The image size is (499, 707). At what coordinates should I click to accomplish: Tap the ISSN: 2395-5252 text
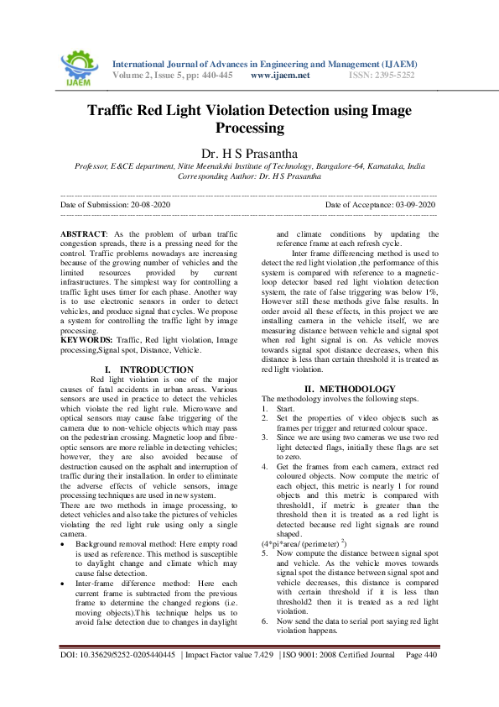pyautogui.click(x=382, y=75)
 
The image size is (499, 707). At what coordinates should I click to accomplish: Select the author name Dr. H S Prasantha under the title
pyautogui.click(x=249, y=153)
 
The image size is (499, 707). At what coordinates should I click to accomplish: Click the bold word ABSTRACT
pyautogui.click(x=84, y=233)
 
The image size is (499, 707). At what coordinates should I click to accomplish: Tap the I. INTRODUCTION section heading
pyautogui.click(x=148, y=369)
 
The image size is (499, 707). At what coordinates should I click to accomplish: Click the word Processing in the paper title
pyautogui.click(x=250, y=128)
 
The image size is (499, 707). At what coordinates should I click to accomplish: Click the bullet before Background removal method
pyautogui.click(x=65, y=521)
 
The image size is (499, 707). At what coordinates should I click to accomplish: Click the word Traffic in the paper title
pyautogui.click(x=117, y=110)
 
